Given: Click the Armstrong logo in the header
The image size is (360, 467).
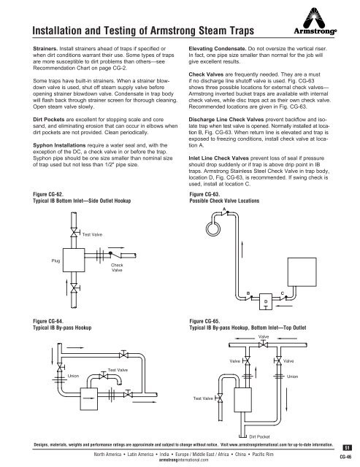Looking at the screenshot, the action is click(x=315, y=21).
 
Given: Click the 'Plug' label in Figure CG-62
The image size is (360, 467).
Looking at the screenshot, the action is click(x=55, y=260).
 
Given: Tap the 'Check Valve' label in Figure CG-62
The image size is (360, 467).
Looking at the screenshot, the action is click(x=117, y=268).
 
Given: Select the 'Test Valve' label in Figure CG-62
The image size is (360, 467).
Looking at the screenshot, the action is click(x=92, y=235).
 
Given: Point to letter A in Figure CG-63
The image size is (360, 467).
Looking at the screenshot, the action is click(x=224, y=209).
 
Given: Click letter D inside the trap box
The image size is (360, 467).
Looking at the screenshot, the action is click(x=266, y=301).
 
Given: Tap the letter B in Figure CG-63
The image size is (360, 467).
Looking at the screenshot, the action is click(x=248, y=293).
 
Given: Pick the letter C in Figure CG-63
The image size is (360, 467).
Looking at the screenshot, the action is click(x=282, y=293).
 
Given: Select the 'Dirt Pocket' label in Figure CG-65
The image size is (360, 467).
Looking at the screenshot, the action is click(x=259, y=436).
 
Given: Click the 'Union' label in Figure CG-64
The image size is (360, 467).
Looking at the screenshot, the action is click(x=73, y=376).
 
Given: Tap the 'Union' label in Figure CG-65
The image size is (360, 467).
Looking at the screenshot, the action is click(x=292, y=377).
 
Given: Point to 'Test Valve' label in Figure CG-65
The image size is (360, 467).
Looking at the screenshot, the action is click(x=203, y=398).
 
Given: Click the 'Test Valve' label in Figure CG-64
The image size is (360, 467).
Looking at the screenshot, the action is click(x=118, y=370).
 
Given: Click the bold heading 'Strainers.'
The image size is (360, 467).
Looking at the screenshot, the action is click(x=45, y=49).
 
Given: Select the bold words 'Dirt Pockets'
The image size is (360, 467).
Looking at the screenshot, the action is click(x=49, y=120).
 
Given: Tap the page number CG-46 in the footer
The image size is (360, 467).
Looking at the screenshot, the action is click(x=345, y=457).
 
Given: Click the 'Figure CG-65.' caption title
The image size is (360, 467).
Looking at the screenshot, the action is click(x=204, y=321).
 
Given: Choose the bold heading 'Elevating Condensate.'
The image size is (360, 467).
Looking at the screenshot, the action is click(x=218, y=49).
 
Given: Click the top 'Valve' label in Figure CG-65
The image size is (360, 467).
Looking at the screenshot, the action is click(x=264, y=336).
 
